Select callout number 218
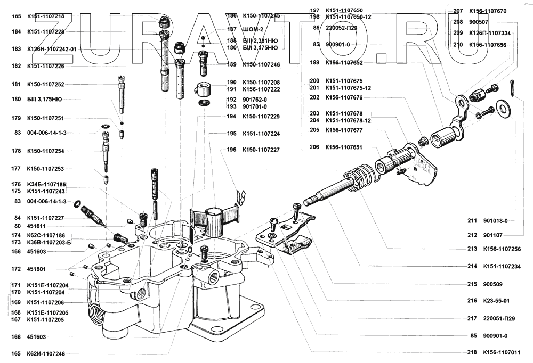[x=472, y=352]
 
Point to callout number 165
[x=15, y=353]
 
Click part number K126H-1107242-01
[x=52, y=49]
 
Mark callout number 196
[x=231, y=150]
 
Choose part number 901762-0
[x=254, y=100]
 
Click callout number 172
[x=15, y=269]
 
